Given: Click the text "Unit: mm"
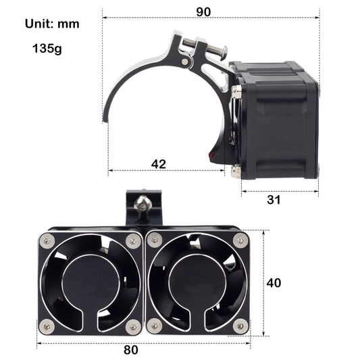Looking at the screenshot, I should pos(52,24).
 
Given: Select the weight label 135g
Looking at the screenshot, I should pos(47,49).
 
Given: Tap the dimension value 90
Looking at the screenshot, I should pos(203,11).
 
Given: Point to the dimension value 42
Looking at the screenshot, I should pos(158,163).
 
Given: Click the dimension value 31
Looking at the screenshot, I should pos(273,200).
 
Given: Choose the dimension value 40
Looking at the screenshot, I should pos(274,283).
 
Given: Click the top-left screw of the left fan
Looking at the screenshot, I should pos(47,239).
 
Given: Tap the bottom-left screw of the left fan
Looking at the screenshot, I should pos(47,326).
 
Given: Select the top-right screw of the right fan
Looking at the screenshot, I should pos(240,239).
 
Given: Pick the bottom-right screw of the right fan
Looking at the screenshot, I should pos(240,326).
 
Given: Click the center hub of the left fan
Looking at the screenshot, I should pos(90,282).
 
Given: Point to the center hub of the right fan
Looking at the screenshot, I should pos(196,282).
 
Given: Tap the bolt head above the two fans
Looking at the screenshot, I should pos(142,202).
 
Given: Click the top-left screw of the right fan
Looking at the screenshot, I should pos(154,240).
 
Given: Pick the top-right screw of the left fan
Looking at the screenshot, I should pos(132,239).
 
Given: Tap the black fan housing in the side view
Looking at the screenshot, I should pos(277,122).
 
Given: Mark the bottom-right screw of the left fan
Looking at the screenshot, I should pos(133,326).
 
